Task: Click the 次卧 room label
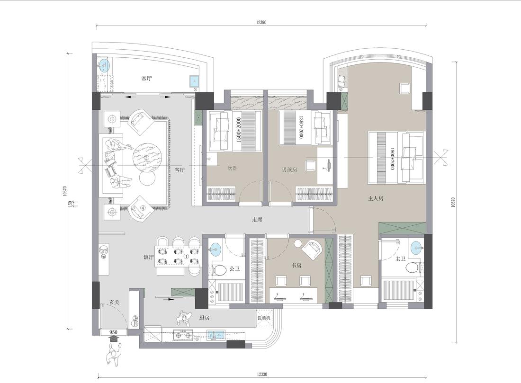point(232,169)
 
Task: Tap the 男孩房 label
point(289,169)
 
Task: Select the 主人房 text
point(376,199)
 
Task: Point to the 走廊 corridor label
point(257,220)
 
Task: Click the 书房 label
point(296,266)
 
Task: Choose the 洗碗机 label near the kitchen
point(264,318)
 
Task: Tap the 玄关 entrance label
point(114,302)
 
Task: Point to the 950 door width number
point(113,333)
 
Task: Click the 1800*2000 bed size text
point(392,158)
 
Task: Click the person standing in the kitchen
point(185,317)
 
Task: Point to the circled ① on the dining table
point(186,257)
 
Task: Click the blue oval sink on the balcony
point(103,64)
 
